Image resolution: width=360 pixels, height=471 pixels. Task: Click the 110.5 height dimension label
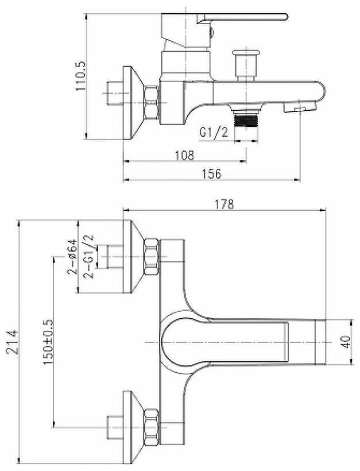point(81,76)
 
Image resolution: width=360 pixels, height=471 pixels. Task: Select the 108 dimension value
point(185,155)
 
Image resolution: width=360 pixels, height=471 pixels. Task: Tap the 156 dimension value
point(211,173)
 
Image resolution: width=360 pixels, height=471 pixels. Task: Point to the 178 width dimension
point(224,204)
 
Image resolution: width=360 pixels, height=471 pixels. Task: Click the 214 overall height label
point(13,342)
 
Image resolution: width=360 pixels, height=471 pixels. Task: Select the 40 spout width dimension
point(346,342)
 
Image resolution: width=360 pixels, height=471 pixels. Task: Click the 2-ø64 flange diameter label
point(72,257)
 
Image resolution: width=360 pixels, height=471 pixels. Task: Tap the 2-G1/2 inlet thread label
point(88,257)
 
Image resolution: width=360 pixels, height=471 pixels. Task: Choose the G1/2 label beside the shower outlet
point(214,132)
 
